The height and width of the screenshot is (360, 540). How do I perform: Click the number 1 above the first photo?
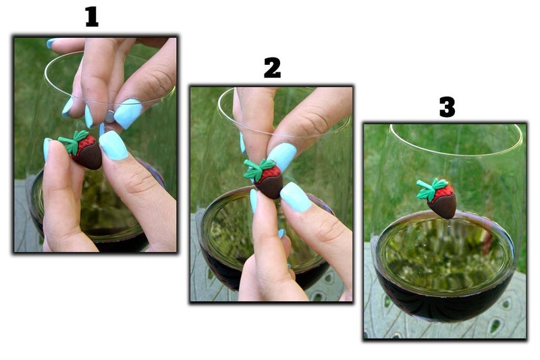[92, 16]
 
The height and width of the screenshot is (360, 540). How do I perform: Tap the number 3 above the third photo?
[447, 107]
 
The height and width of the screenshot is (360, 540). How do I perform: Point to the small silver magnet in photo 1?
[109, 116]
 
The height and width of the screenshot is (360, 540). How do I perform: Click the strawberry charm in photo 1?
[82, 149]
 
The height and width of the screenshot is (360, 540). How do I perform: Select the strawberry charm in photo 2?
[265, 178]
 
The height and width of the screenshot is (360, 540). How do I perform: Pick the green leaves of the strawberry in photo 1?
[72, 141]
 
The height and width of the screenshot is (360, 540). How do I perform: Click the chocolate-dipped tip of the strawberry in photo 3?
[444, 208]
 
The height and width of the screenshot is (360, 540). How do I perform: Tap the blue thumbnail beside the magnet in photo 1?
[128, 113]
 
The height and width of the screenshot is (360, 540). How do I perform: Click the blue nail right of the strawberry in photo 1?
[114, 145]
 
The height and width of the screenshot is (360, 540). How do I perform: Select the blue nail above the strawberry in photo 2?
[282, 156]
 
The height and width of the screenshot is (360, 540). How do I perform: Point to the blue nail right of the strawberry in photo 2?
[296, 197]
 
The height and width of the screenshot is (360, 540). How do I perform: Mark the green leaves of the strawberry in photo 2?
[258, 170]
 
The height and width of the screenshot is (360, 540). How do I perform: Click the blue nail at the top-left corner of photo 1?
[52, 43]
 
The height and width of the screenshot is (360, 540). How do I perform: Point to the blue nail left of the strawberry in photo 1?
[47, 149]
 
